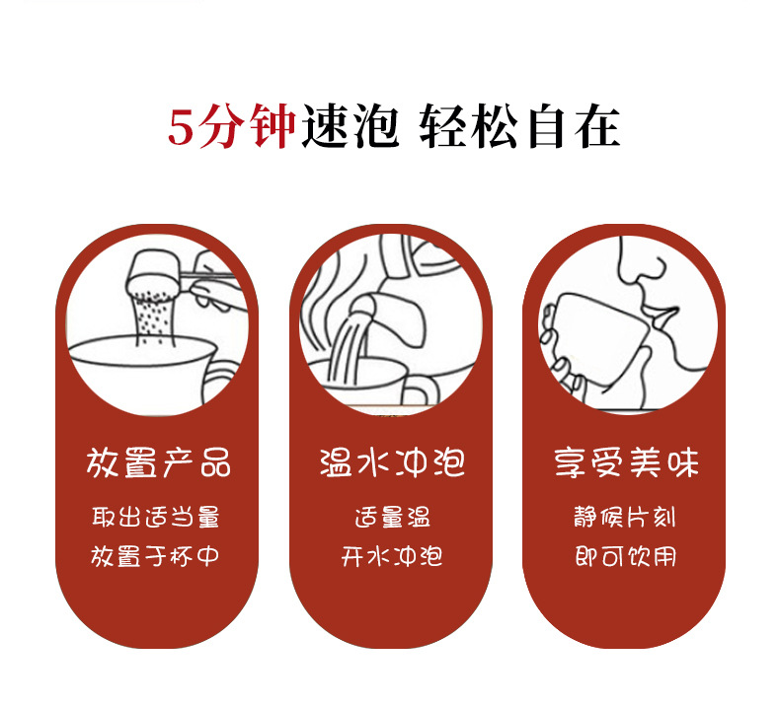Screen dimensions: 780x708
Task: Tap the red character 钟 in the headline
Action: (x=273, y=126)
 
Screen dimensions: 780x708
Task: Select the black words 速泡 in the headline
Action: (x=351, y=126)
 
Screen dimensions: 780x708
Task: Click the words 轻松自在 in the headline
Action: (x=519, y=126)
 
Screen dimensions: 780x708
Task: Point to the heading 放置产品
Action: (x=158, y=462)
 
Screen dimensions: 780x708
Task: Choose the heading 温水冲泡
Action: (x=392, y=462)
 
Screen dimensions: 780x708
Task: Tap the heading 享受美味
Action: (x=626, y=462)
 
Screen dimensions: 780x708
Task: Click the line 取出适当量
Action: (x=156, y=517)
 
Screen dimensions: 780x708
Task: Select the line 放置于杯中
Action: (x=155, y=556)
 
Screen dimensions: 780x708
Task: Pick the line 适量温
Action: (x=393, y=517)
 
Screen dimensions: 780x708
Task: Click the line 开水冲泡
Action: (x=392, y=556)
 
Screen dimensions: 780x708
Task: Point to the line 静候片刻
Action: (x=625, y=517)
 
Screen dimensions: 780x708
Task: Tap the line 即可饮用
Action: (x=626, y=556)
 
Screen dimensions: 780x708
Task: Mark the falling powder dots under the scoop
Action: (x=154, y=318)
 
